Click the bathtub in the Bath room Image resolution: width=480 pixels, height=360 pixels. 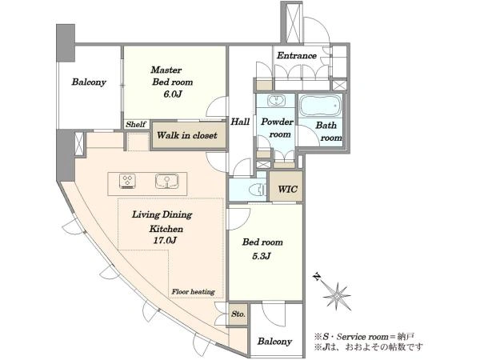320,105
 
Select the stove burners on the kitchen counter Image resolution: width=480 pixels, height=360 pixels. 127,181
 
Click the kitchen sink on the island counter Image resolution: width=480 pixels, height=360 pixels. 167,181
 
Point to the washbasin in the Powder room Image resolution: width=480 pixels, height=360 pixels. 277,100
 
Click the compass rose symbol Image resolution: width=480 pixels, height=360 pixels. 337,295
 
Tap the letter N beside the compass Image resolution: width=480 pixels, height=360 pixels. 317,278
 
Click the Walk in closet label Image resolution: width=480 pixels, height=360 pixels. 187,135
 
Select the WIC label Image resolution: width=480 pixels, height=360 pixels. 287,189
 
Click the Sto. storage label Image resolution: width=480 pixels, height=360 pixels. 238,314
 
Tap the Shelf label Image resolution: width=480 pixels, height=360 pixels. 136,124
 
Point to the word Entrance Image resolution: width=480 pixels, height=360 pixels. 297,55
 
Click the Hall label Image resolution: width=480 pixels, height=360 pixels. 240,122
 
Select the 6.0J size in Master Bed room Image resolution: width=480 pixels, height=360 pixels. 173,94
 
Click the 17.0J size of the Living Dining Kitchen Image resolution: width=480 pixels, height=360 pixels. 165,240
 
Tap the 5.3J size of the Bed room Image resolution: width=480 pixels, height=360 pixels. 261,256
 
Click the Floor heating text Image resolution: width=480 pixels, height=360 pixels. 193,292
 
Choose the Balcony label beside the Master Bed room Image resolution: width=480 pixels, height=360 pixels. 89,82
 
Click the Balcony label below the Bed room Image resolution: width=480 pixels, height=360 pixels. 274,342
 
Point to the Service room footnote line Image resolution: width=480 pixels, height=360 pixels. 364,337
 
